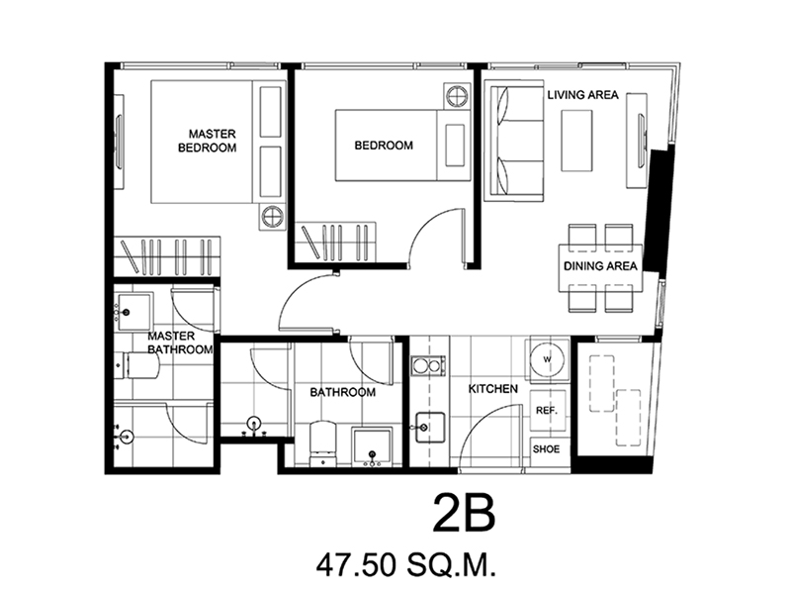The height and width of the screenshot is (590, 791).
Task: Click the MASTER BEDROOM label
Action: pos(208,141)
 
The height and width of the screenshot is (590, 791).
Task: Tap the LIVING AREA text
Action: pos(582,95)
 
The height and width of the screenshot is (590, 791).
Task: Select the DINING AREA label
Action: pos(600,266)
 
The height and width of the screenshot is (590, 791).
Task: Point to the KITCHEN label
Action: pos(492,388)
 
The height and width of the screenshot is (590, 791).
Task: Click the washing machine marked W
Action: pos(548,359)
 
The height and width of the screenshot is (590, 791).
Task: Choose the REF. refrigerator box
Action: pos(547,410)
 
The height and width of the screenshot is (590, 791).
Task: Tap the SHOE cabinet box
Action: pos(547,449)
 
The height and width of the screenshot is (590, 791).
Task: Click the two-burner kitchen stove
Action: pos(428,365)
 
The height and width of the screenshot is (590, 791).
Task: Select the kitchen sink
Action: pos(430,428)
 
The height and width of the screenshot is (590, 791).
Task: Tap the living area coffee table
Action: pos(577,141)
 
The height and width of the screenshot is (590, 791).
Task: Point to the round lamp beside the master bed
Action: pos(272,217)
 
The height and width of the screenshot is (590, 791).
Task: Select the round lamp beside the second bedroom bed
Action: pos(457,96)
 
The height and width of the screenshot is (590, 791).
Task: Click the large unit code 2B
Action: pos(464,513)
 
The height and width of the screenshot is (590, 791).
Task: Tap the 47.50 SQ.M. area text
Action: pos(406,565)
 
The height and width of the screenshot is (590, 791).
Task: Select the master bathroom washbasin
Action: pos(133,312)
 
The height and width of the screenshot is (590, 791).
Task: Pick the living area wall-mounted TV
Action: pos(642,140)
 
